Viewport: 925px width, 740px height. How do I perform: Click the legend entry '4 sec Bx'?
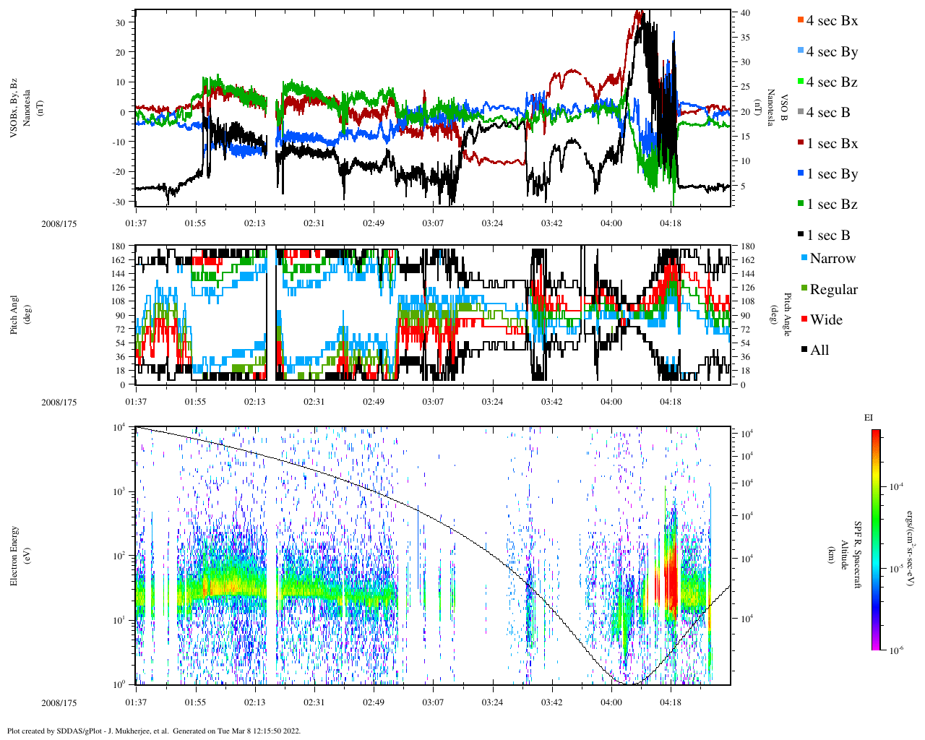tap(831, 21)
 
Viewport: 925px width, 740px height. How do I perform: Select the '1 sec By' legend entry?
tap(831, 174)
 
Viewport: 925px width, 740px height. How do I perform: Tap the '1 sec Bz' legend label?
tap(831, 205)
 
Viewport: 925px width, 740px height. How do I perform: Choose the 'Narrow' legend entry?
tap(832, 259)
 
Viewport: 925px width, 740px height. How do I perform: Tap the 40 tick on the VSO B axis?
tap(745, 13)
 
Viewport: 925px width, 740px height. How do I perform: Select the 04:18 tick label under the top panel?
tap(671, 223)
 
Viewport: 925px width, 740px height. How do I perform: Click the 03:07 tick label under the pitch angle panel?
tap(433, 402)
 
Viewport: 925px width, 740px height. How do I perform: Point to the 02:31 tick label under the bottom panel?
tap(314, 702)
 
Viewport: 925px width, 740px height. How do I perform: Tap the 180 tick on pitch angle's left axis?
tap(119, 246)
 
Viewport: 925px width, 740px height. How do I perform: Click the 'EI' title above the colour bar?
tap(869, 417)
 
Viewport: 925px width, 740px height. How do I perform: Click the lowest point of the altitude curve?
tap(629, 683)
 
